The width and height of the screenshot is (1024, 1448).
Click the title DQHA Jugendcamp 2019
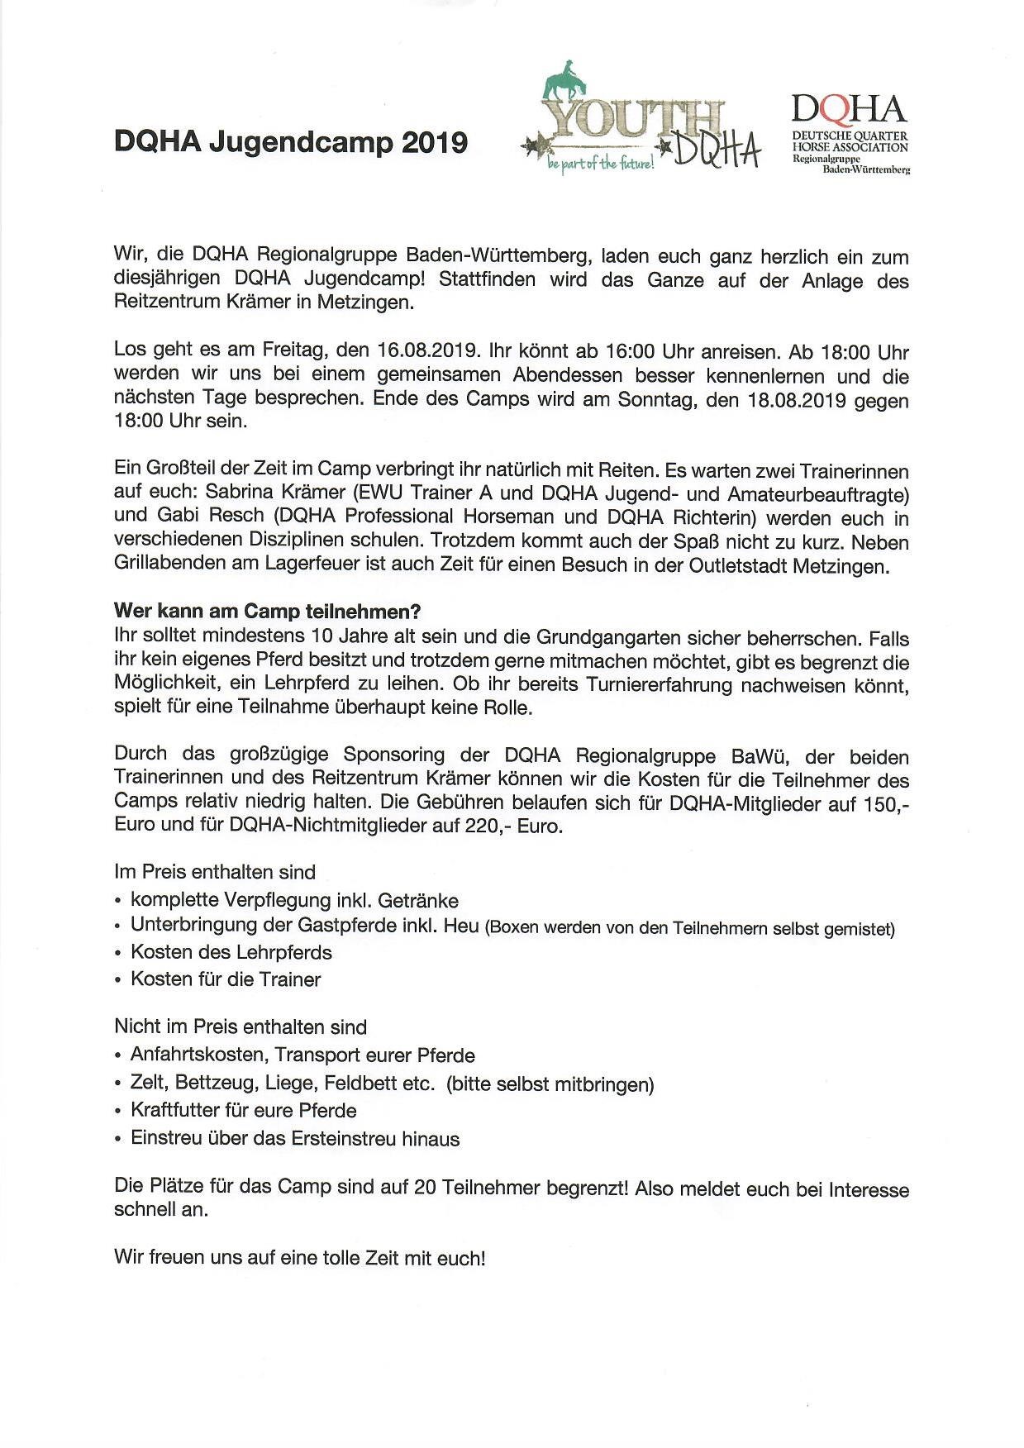(290, 143)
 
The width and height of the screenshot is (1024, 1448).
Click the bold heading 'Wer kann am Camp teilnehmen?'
(267, 612)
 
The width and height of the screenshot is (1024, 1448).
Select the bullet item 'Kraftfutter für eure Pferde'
(243, 1110)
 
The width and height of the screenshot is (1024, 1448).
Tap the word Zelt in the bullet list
(148, 1083)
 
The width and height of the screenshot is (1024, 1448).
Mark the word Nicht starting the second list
(136, 1026)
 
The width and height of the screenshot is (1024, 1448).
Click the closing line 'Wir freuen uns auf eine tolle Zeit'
(299, 1258)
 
